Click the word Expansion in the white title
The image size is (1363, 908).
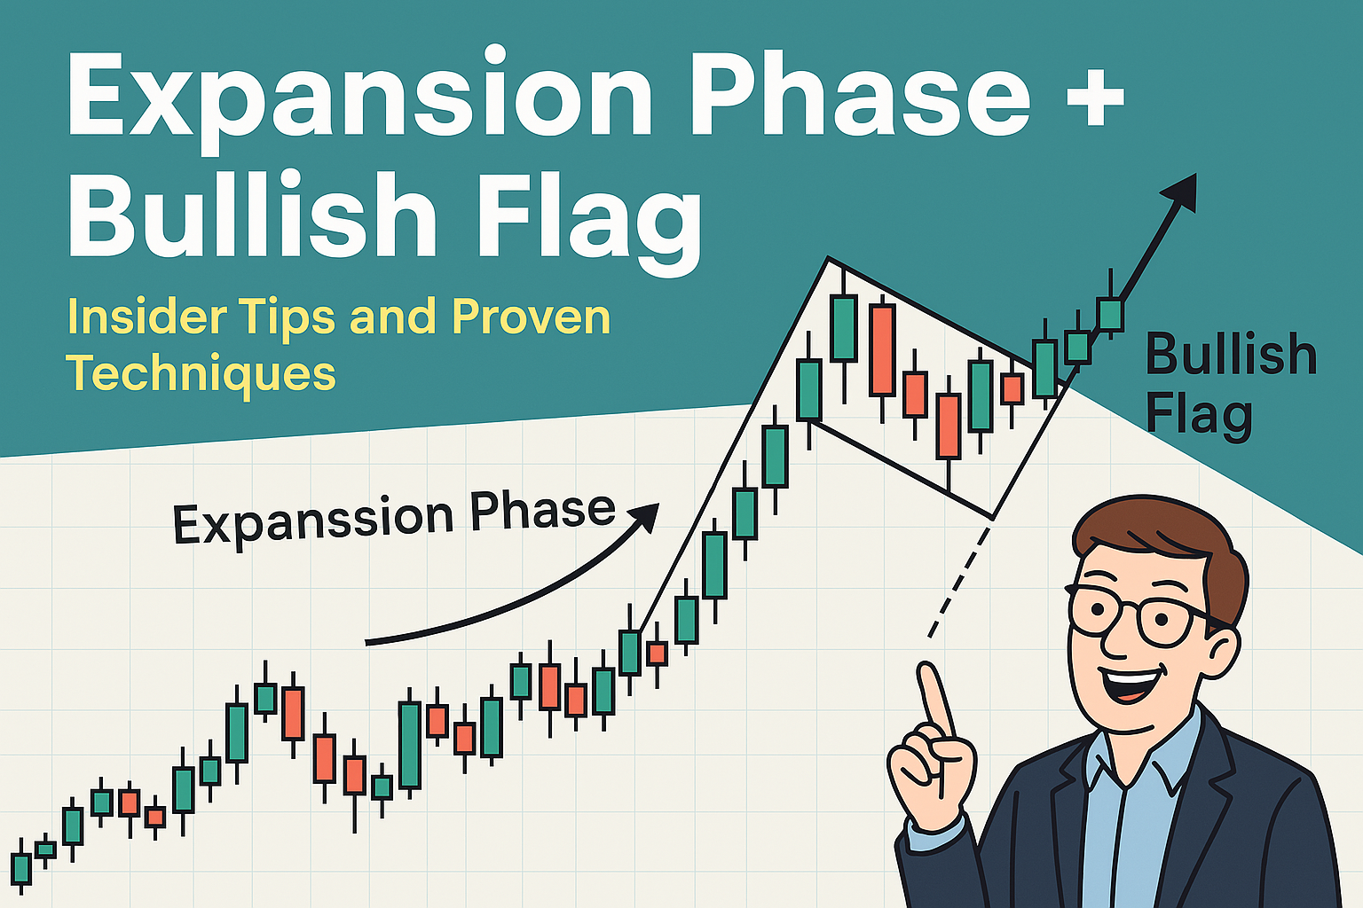pyautogui.click(x=360, y=98)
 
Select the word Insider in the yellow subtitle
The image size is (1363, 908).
pyautogui.click(x=146, y=317)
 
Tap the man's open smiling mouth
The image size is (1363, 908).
pyautogui.click(x=1131, y=685)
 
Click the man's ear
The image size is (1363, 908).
pyautogui.click(x=1222, y=654)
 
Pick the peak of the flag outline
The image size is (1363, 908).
pyautogui.click(x=828, y=258)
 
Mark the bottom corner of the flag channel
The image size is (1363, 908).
pyautogui.click(x=993, y=518)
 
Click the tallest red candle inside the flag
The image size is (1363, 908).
pyautogui.click(x=882, y=351)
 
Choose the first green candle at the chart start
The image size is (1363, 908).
pyautogui.click(x=21, y=868)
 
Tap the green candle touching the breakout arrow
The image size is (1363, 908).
pyautogui.click(x=1110, y=314)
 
